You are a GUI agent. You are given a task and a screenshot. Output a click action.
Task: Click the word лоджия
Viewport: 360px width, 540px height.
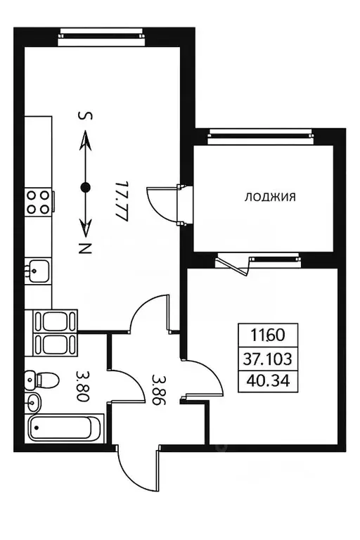[x=269, y=198]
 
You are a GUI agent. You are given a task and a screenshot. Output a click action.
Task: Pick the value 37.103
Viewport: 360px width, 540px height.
[x=269, y=359]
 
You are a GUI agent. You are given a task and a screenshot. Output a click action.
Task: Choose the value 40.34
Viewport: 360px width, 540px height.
[x=269, y=382]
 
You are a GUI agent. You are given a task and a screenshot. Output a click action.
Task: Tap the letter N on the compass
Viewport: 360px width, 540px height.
[x=85, y=247]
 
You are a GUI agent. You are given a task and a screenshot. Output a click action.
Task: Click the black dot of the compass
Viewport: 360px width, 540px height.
[x=85, y=187]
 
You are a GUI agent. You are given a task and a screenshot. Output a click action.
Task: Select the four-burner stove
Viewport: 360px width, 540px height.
[x=39, y=202]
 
